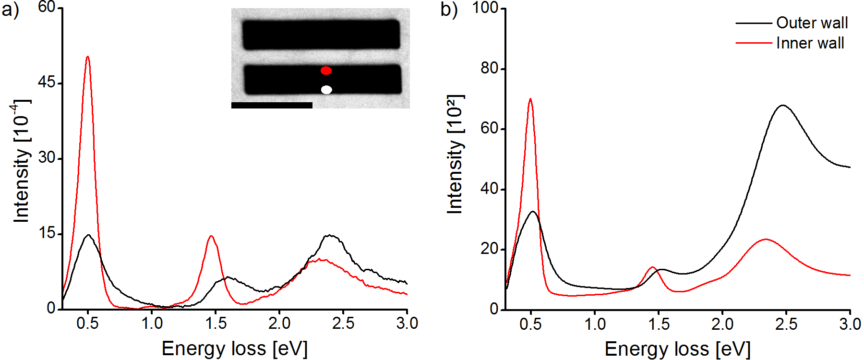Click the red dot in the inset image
(x=326, y=71)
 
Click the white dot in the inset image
(x=326, y=90)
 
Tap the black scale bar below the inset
(x=272, y=105)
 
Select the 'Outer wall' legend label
(x=812, y=23)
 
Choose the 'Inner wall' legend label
(x=810, y=43)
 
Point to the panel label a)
(x=10, y=10)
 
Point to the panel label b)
(x=449, y=10)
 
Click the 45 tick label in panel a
(x=47, y=82)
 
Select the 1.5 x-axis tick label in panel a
(x=216, y=323)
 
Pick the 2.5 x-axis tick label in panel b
(x=786, y=324)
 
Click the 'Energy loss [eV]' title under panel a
(x=234, y=348)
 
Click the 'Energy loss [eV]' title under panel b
(x=677, y=349)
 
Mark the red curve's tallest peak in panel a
(x=87, y=57)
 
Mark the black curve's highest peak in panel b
(x=783, y=105)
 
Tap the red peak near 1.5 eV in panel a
(x=211, y=236)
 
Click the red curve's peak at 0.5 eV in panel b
(x=530, y=99)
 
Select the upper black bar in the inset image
(x=321, y=34)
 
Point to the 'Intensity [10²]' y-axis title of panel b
(x=455, y=154)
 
